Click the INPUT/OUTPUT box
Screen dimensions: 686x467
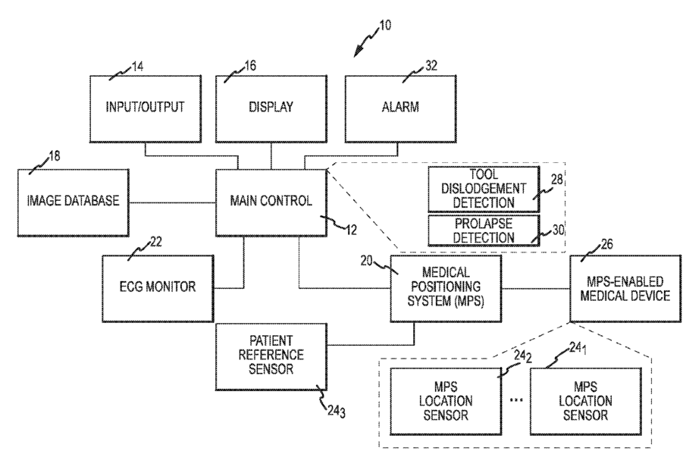(146, 109)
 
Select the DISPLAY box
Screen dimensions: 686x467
(271, 109)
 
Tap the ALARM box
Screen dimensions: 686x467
(401, 109)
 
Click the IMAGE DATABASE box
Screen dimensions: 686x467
(74, 202)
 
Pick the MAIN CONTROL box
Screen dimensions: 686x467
(271, 202)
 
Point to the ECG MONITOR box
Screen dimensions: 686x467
(158, 289)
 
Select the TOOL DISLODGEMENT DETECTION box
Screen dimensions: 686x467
(484, 189)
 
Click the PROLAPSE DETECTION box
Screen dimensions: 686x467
(484, 230)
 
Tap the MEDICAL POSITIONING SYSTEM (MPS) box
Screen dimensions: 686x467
(446, 289)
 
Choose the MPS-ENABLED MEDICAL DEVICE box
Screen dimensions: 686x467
(625, 289)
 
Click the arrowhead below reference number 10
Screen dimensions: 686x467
(358, 52)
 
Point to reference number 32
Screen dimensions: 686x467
(431, 66)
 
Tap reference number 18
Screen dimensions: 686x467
(55, 156)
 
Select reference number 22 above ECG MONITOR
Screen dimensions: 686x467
(156, 242)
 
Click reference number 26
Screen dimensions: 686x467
(607, 244)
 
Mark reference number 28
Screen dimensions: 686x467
(557, 180)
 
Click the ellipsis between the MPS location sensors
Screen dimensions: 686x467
(516, 400)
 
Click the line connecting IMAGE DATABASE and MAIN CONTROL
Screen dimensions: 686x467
(172, 202)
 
